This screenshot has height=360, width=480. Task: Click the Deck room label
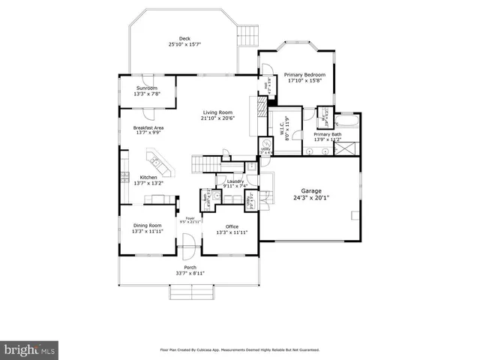[x=184, y=39]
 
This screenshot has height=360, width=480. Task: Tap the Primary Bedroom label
[x=304, y=75]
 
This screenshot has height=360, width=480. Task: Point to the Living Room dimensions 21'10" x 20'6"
[x=218, y=118]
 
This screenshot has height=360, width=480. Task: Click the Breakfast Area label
[x=148, y=127]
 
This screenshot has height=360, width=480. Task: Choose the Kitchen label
[x=148, y=177]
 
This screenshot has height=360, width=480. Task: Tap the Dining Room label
[x=148, y=225]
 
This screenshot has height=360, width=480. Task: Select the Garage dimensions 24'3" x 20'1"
[x=311, y=198]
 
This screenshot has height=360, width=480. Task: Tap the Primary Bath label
[x=327, y=134]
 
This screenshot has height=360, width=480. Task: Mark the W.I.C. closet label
[x=286, y=122]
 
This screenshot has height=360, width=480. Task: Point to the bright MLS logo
[x=30, y=349]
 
